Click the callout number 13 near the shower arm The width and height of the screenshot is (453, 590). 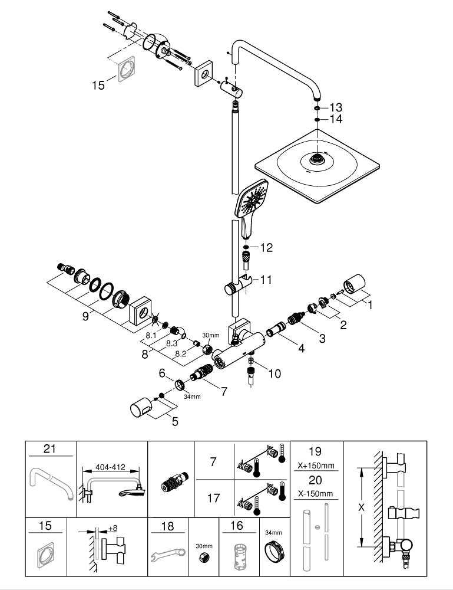[336, 107]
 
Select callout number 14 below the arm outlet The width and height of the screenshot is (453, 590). [336, 119]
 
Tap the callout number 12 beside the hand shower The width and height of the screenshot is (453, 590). [266, 248]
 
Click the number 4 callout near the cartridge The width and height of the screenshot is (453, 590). [301, 348]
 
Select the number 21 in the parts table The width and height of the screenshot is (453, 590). [49, 450]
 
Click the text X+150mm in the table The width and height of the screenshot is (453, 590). [315, 466]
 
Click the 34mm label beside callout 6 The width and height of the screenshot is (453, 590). [191, 396]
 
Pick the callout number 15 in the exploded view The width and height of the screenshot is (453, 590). [98, 86]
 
